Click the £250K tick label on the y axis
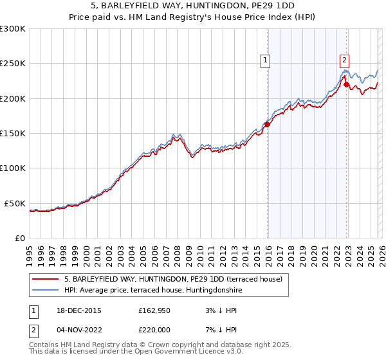(x=13, y=64)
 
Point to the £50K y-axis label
(x=15, y=203)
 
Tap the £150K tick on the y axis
(x=13, y=134)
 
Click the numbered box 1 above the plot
(x=265, y=60)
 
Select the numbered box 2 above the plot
(x=344, y=60)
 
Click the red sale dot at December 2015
(x=268, y=125)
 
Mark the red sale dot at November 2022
(x=346, y=84)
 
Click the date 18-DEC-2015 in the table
(x=79, y=310)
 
